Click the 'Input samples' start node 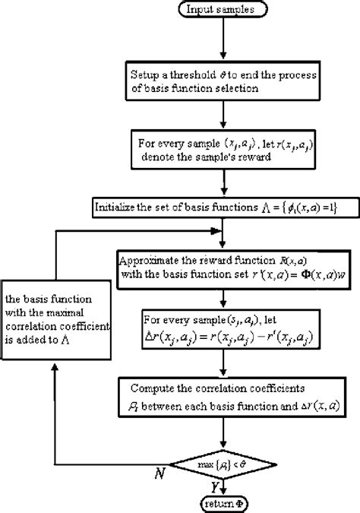220,10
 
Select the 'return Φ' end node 220,503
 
